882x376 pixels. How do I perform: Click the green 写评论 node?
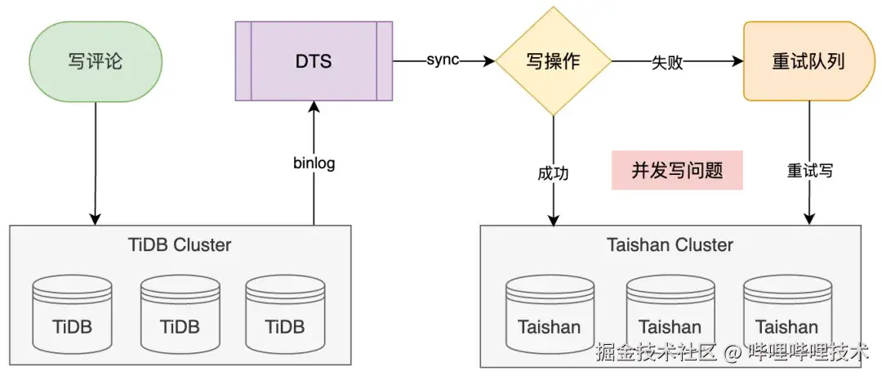[96, 61]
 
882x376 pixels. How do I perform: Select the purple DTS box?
[314, 61]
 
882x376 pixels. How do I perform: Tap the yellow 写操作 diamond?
[554, 61]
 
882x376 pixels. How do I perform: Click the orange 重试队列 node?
[808, 61]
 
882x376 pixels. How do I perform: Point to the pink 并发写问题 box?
[677, 170]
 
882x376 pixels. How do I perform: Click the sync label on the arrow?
[443, 61]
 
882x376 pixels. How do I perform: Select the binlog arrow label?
[314, 163]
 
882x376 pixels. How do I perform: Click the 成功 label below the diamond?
[553, 173]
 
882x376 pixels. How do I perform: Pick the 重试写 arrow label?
[809, 171]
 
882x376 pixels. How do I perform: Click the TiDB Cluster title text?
[180, 244]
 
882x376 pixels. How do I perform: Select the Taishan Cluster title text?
[670, 244]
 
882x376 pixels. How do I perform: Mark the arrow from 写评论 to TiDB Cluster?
[96, 163]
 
